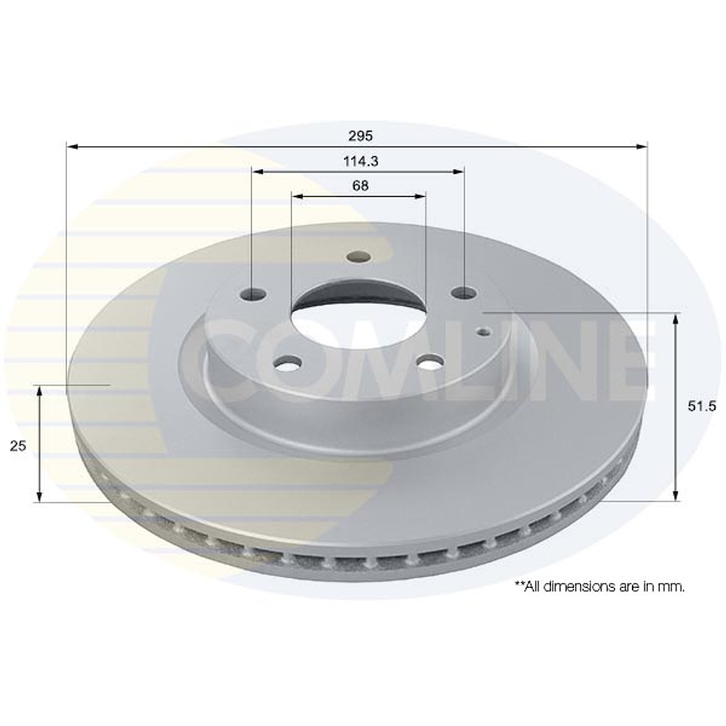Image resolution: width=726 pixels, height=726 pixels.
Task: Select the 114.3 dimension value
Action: pyautogui.click(x=360, y=160)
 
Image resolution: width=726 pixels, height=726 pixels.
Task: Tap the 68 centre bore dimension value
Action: pyautogui.click(x=360, y=185)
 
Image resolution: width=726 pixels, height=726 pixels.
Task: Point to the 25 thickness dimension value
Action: pyautogui.click(x=18, y=446)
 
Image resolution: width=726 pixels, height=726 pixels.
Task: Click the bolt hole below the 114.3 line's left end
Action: pyautogui.click(x=253, y=294)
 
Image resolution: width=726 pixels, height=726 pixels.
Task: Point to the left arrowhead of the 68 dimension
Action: pyautogui.click(x=296, y=195)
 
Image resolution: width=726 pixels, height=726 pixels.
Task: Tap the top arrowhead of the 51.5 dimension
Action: pyautogui.click(x=677, y=319)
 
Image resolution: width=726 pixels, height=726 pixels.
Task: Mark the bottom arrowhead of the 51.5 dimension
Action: pyautogui.click(x=677, y=495)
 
